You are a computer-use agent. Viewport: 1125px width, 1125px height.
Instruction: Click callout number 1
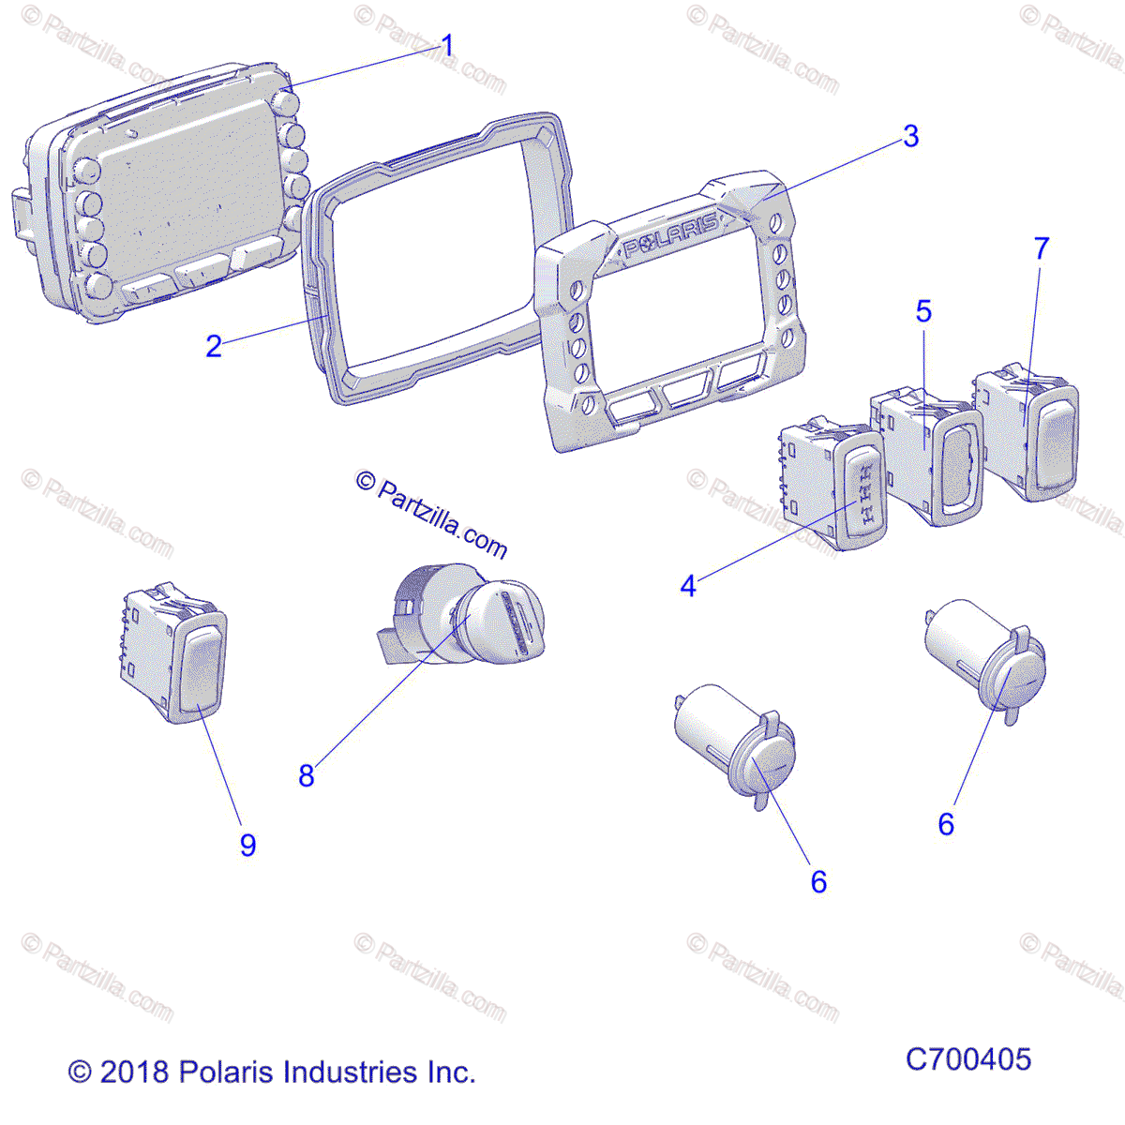tap(447, 45)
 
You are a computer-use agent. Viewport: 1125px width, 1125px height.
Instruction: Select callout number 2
tap(214, 346)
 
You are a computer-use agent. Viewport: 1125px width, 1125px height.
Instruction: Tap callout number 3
tap(910, 137)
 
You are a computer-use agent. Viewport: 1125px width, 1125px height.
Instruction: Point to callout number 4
tap(688, 587)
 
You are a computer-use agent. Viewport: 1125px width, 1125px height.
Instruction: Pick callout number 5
tap(923, 311)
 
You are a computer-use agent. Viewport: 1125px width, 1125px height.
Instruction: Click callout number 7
tap(1041, 248)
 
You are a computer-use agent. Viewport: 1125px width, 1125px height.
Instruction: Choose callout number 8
tap(307, 775)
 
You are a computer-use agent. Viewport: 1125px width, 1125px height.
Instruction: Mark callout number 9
tap(247, 845)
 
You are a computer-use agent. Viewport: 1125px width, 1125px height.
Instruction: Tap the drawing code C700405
tap(967, 1059)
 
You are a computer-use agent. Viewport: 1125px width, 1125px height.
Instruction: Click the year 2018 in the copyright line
tap(133, 1072)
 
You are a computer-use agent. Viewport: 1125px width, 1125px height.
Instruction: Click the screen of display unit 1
tap(183, 197)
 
